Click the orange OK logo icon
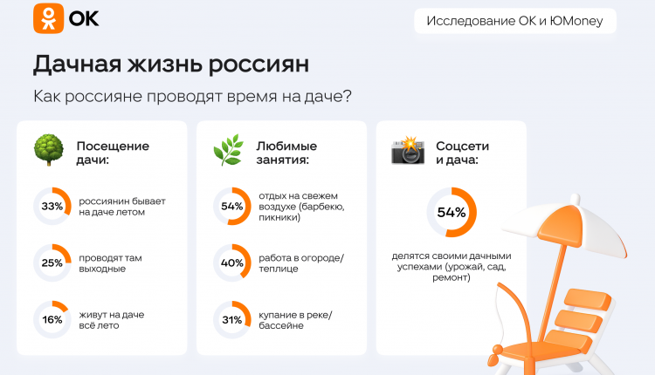[x=48, y=18]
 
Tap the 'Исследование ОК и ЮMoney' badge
[x=515, y=21]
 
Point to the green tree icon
[x=49, y=150]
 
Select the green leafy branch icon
[x=229, y=150]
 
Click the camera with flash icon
[x=408, y=150]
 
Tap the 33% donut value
[x=52, y=206]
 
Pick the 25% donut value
[x=52, y=262]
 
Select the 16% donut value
[x=52, y=319]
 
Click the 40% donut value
[x=231, y=262]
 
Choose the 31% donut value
[x=231, y=320]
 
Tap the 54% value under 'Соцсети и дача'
[x=452, y=212]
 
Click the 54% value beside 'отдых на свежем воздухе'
[x=231, y=206]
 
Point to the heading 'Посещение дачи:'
[x=113, y=153]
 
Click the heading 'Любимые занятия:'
[x=286, y=153]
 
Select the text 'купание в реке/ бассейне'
[x=295, y=320]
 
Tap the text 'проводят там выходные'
[x=110, y=263]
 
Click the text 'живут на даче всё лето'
[x=112, y=320]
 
